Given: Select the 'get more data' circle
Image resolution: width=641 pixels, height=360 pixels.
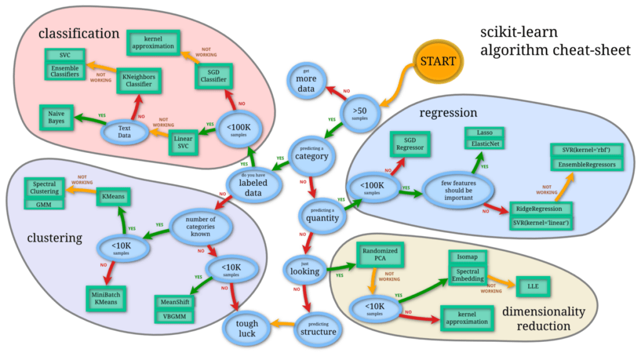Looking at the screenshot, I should [x=306, y=80].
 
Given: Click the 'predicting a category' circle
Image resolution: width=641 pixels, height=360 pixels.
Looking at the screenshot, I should [x=311, y=153].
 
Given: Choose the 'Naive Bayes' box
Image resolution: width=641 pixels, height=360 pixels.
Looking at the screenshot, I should [x=57, y=116].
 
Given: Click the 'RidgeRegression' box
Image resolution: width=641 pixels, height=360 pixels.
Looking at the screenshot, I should [x=539, y=208].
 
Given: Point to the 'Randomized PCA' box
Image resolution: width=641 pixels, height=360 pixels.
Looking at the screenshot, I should [x=377, y=255].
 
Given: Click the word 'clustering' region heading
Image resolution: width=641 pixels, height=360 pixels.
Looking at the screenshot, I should [x=54, y=238].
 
